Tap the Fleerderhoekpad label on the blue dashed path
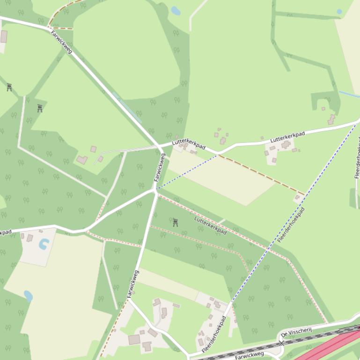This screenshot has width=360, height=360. (291, 225)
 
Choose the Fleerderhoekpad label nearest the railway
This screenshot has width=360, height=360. (214, 334)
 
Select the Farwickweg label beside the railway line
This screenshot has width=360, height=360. (250, 356)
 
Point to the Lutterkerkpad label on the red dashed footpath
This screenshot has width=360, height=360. (210, 225)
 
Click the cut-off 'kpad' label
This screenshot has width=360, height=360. (5, 232)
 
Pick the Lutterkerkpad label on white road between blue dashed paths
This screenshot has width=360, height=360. (287, 137)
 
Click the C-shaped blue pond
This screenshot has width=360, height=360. (44, 244)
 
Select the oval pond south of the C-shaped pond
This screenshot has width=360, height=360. (28, 296)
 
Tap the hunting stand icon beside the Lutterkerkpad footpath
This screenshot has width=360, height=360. (176, 222)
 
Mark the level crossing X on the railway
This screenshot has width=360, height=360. (281, 343)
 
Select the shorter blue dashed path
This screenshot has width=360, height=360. (187, 172)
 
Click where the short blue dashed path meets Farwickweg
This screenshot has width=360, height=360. (156, 189)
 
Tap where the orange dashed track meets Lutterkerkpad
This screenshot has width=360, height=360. (218, 154)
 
